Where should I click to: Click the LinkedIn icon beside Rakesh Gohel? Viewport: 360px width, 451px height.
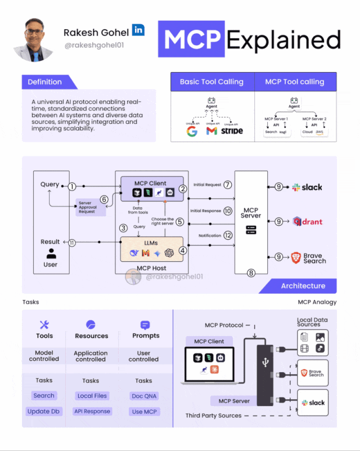tap(138, 30)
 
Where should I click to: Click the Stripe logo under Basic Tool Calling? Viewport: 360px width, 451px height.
tap(232, 131)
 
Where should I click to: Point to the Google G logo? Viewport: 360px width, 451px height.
tap(192, 131)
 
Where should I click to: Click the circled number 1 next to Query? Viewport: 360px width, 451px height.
tap(72, 186)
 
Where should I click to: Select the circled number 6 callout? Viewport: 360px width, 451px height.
tap(104, 199)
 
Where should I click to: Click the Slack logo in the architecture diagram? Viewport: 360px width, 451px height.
tap(308, 187)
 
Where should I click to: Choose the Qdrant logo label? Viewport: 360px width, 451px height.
tap(308, 221)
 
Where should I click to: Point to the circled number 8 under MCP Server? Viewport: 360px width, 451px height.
tap(251, 273)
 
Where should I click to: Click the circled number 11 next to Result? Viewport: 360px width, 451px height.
tap(72, 243)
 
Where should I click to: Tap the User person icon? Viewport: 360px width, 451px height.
tap(50, 253)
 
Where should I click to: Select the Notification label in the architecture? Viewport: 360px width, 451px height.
tap(210, 235)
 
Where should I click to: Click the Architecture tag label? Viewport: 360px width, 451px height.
tap(303, 286)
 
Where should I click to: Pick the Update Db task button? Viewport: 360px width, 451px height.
tap(43, 412)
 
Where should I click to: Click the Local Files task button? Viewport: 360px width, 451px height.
tap(92, 396)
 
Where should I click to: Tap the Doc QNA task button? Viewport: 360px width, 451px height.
tap(143, 396)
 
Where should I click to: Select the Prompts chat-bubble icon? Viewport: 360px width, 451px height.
tap(145, 325)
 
